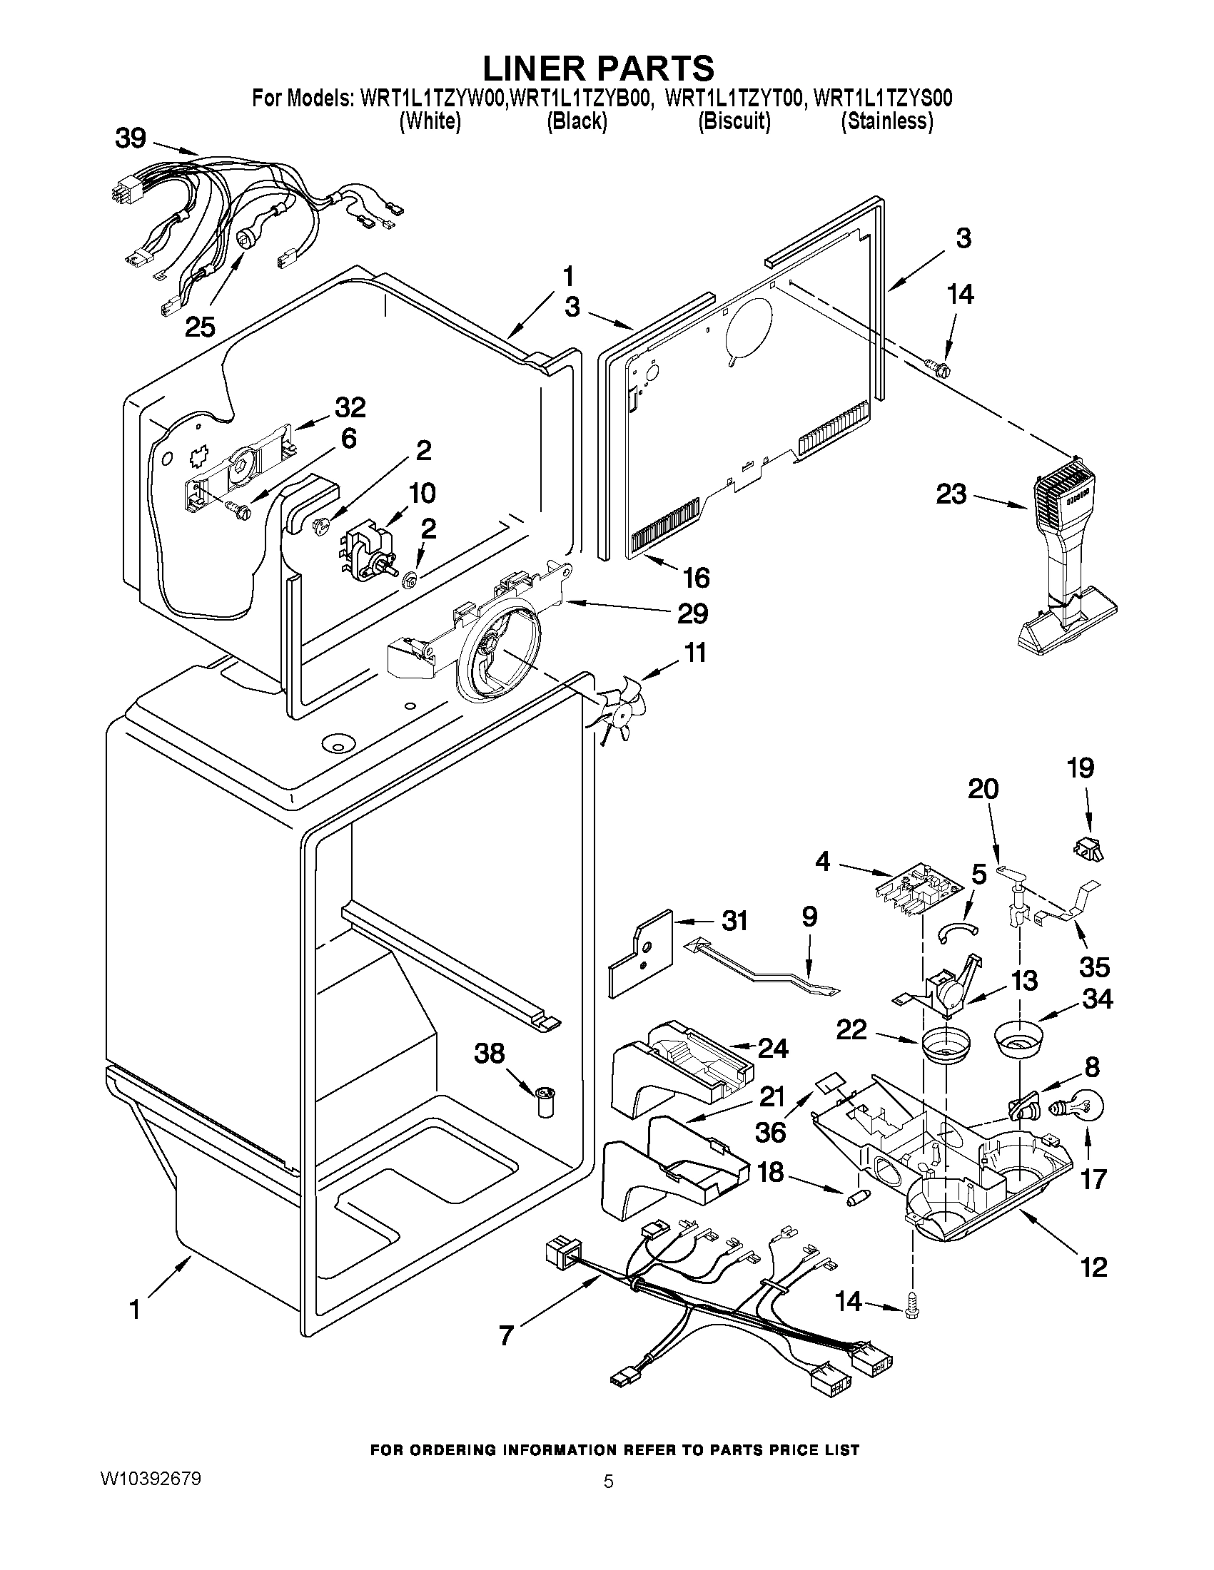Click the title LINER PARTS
597,68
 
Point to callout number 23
950,494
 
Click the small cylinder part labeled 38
547,1102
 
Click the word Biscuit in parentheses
734,121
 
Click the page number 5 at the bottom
609,1482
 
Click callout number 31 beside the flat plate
734,921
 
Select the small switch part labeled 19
1088,849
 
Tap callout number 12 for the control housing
1093,1267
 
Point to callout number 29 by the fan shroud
691,613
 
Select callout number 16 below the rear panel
695,577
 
